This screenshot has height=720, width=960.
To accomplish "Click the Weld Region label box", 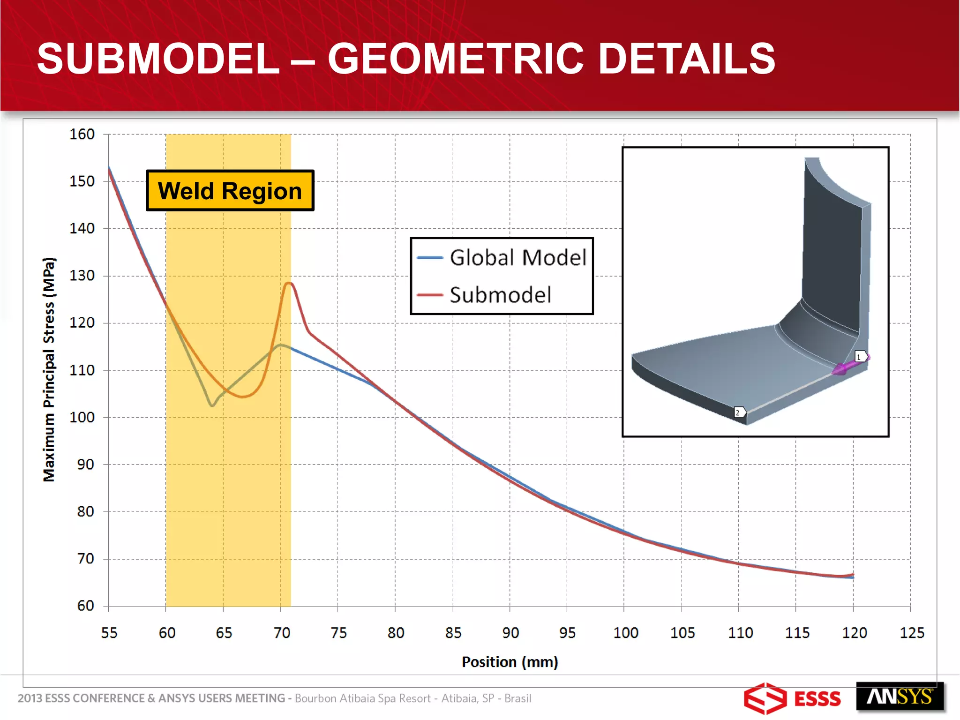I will click(x=230, y=191).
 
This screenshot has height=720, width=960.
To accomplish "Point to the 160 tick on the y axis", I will click(x=82, y=135).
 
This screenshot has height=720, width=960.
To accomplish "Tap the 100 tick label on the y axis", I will click(x=82, y=417).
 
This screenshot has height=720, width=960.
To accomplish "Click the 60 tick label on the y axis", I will click(x=85, y=606).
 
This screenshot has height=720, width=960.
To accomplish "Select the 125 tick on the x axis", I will click(x=912, y=633).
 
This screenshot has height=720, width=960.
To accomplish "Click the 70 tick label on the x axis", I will click(x=282, y=633).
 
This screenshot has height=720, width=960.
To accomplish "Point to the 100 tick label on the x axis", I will click(x=625, y=633).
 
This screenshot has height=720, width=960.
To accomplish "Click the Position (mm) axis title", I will click(x=510, y=662).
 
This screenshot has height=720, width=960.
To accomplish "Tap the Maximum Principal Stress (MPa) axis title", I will click(x=49, y=369).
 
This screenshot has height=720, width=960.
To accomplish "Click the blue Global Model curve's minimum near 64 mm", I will click(x=212, y=405).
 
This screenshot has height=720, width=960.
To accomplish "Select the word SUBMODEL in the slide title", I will click(x=158, y=59).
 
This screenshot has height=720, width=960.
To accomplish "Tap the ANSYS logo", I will click(x=899, y=697).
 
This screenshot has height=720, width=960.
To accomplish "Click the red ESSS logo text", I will click(x=817, y=699).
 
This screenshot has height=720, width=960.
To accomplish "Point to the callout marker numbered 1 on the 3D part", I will click(x=859, y=357).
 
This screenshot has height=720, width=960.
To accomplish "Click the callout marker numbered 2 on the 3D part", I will click(x=738, y=412).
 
